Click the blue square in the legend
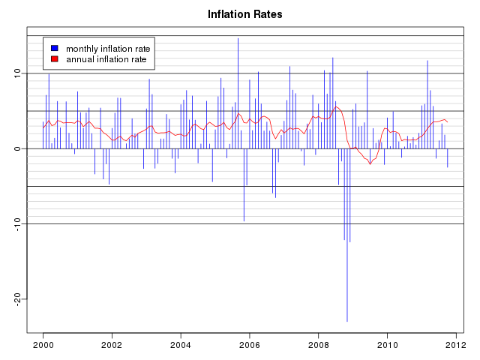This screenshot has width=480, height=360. (x=54, y=48)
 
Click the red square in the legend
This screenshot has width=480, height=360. (x=54, y=58)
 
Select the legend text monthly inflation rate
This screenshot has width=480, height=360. (x=108, y=48)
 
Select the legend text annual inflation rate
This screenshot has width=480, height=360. (x=106, y=58)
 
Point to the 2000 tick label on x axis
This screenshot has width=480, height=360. (x=43, y=345)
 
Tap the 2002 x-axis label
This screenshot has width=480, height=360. (x=112, y=345)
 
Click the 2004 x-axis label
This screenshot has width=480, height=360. (x=181, y=345)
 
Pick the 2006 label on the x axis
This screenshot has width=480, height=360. (x=250, y=345)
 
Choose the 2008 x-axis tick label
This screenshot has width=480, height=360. (x=319, y=345)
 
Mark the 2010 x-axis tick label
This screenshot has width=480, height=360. (x=388, y=345)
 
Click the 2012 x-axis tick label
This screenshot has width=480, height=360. (x=456, y=345)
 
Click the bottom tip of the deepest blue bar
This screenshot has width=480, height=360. (x=346, y=321)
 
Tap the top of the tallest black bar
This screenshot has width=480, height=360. (x=238, y=38)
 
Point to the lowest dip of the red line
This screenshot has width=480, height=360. (x=370, y=164)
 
